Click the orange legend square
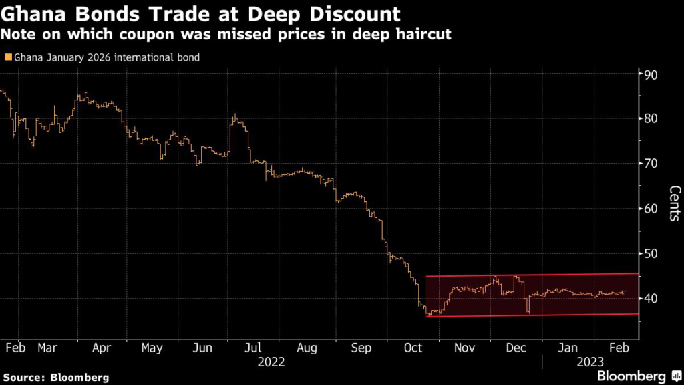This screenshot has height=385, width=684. [7, 57]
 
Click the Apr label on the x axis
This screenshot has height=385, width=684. [101, 348]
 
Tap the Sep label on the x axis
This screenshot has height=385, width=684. [361, 348]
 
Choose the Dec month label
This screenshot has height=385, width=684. [514, 348]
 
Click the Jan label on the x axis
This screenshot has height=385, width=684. [568, 348]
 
